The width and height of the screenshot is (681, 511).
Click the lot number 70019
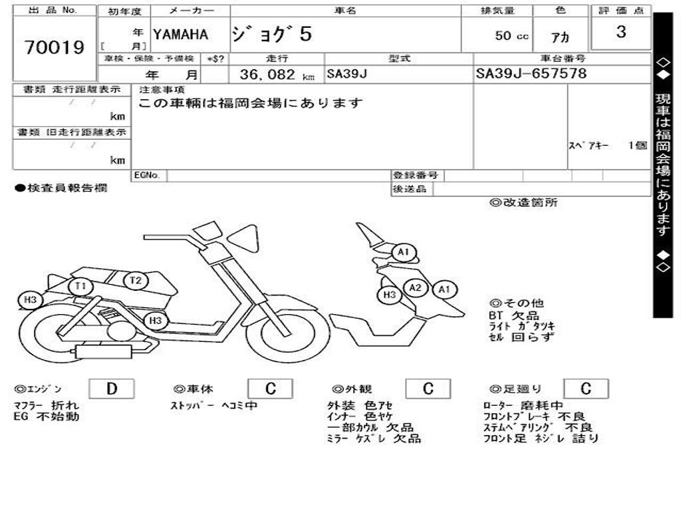(55, 47)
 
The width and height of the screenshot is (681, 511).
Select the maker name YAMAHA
(180, 35)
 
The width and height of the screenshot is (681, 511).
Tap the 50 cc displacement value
(511, 36)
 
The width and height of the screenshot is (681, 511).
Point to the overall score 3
(620, 32)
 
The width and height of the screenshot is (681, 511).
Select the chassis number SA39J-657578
(531, 73)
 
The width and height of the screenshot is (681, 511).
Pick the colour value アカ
(561, 38)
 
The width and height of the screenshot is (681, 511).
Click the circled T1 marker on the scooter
(81, 287)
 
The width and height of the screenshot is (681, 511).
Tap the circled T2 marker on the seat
(136, 280)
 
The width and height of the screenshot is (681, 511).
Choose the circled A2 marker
(416, 287)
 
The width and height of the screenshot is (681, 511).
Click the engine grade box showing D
(111, 389)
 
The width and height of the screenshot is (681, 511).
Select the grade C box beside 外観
(428, 389)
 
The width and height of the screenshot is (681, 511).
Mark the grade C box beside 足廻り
(585, 389)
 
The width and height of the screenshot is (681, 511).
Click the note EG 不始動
(47, 417)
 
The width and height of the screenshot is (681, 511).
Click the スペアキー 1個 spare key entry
(607, 146)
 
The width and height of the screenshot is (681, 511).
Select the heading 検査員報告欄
(61, 188)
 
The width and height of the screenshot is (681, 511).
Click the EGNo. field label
(147, 176)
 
